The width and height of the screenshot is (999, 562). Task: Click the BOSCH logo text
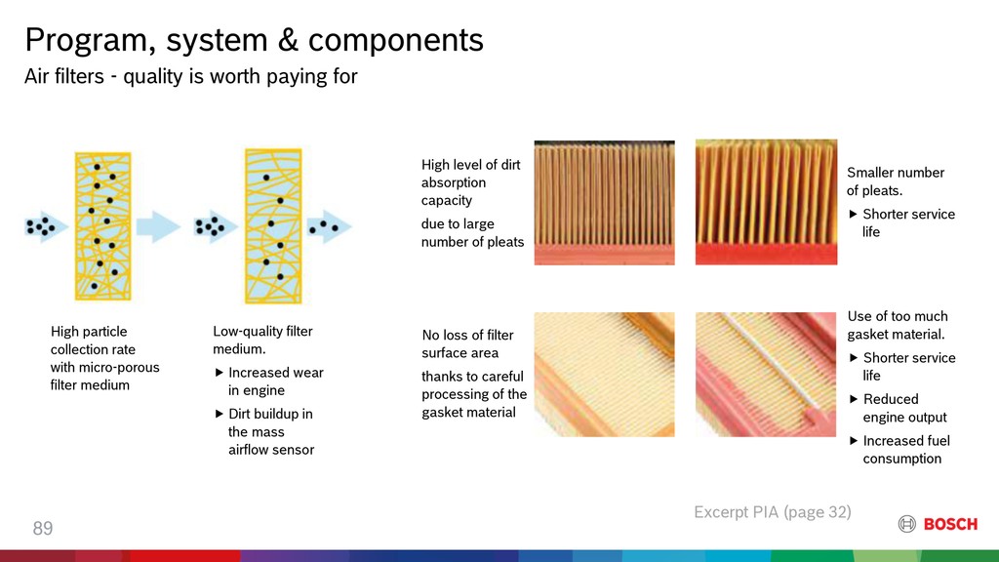click(x=950, y=524)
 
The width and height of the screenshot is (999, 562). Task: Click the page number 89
click(x=43, y=528)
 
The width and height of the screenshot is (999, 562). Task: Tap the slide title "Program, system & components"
click(x=255, y=39)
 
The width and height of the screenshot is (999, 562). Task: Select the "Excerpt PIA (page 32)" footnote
click(x=773, y=511)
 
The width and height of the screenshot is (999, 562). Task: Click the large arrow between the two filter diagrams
click(x=158, y=226)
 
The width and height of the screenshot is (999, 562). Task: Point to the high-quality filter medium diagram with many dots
click(x=102, y=225)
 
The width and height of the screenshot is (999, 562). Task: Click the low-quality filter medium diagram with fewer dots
click(x=273, y=226)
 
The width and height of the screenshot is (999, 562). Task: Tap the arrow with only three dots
click(x=329, y=226)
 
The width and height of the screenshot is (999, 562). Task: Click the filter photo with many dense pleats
click(x=604, y=203)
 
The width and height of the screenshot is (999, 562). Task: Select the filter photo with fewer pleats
click(x=766, y=202)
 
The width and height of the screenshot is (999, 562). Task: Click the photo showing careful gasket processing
click(x=604, y=374)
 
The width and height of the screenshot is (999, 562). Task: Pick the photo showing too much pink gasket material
click(x=766, y=374)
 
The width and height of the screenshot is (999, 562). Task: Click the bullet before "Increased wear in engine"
click(x=220, y=373)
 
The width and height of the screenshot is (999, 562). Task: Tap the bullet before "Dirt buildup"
click(x=220, y=414)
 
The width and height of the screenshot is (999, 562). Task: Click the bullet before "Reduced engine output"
click(x=854, y=399)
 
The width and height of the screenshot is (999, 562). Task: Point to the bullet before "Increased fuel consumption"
click(x=854, y=441)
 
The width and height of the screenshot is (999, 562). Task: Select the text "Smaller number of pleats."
click(x=896, y=181)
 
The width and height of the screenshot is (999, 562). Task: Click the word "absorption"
click(x=454, y=182)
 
